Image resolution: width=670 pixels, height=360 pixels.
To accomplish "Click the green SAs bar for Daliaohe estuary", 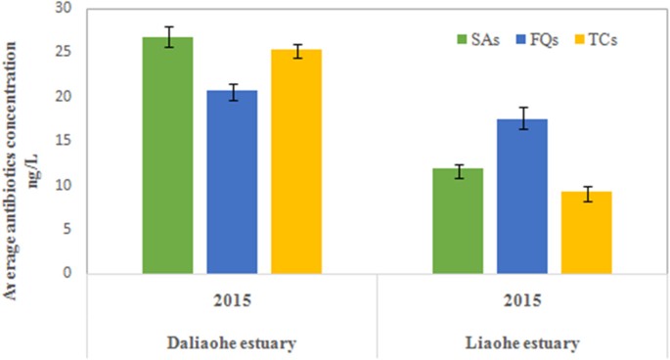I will pos(167,157).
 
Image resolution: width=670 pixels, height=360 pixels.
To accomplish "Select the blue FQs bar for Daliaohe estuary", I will pos(232,182).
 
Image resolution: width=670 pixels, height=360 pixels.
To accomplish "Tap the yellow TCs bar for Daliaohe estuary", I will pos(296,161).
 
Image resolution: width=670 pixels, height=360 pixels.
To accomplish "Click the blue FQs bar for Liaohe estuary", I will pos(522,197).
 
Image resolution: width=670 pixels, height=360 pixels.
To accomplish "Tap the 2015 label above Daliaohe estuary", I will pos(232,298).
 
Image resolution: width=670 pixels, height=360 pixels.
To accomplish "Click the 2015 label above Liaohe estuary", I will pos(522,298).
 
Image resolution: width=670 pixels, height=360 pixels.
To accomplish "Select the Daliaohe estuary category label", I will pos(232,342).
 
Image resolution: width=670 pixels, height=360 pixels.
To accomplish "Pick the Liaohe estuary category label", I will pos(522,342).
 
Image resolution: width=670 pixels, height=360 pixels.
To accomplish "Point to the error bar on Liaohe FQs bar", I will pos(522,118).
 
